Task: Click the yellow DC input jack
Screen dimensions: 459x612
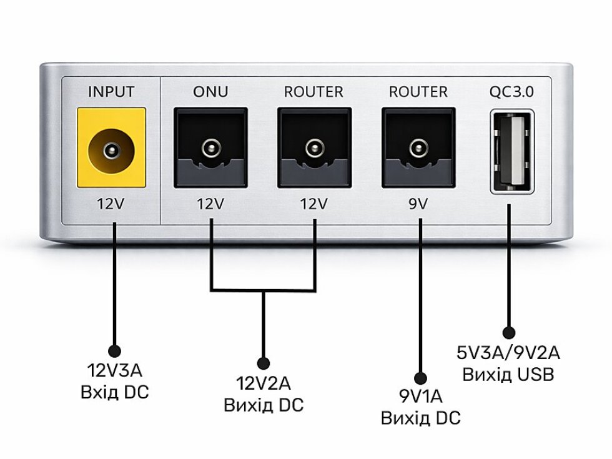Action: point(111,149)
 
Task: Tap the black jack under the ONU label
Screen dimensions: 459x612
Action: point(210,149)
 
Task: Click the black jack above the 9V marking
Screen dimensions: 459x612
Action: point(418,149)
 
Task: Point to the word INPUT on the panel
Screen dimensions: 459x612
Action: point(111,92)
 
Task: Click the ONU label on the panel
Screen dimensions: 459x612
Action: point(210,92)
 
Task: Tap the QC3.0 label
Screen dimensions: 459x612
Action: point(512,92)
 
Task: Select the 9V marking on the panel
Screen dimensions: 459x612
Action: point(418,204)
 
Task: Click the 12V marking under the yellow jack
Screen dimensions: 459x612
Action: point(111,204)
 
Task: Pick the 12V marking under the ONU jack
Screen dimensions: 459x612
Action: point(210,204)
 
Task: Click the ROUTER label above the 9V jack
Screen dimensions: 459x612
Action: point(418,92)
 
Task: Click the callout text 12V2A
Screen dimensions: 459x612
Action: point(263,382)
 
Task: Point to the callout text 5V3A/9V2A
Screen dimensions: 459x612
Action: point(508,353)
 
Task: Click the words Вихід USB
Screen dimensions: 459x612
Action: point(508,375)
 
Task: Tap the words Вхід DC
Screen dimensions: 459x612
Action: point(114,393)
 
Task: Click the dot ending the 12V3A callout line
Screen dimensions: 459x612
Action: point(114,351)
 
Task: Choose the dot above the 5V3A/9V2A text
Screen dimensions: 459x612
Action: point(508,333)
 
